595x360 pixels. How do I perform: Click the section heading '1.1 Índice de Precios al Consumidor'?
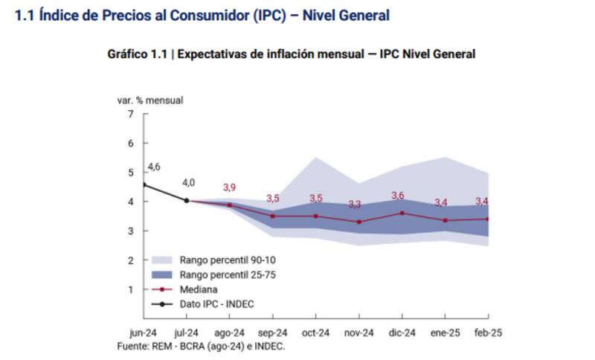[x=202, y=15]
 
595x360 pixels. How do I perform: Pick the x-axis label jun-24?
[x=144, y=333]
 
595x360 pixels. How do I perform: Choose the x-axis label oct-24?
[x=315, y=333]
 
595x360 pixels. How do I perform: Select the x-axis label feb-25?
[x=488, y=333]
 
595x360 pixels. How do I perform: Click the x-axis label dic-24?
[x=402, y=333]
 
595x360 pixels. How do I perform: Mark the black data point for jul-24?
[x=187, y=200]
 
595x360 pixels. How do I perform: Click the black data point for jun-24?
[x=144, y=184]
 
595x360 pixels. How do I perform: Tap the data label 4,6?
[x=154, y=167]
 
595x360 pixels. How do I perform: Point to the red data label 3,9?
[x=230, y=187]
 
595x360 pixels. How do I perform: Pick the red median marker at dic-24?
[x=402, y=213]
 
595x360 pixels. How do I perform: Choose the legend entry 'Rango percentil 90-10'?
[x=215, y=260]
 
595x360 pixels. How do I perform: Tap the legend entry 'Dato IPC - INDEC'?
[x=216, y=304]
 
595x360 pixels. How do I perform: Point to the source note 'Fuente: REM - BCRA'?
[x=202, y=346]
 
